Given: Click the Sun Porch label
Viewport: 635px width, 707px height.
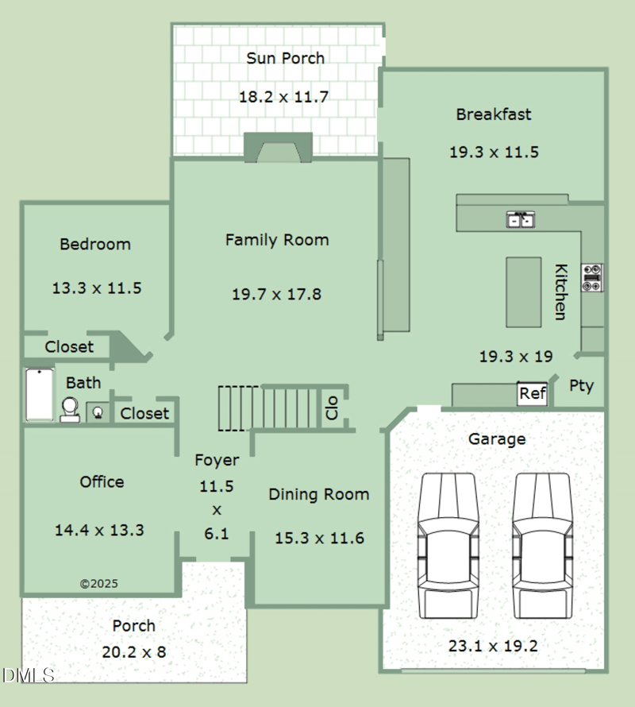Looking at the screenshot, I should tap(285, 58).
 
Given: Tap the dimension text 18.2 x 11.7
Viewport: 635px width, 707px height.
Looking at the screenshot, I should tap(283, 97).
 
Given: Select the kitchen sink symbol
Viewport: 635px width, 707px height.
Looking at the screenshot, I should tap(520, 219).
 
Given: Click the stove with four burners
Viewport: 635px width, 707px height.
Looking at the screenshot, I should tap(592, 277).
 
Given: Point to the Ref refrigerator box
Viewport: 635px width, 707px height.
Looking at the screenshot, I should tap(532, 393).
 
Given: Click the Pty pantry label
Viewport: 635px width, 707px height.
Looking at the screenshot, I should tap(581, 386).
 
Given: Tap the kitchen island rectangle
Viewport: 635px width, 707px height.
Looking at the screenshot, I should tap(523, 292).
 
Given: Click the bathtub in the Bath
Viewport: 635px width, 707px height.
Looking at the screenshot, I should tap(39, 395).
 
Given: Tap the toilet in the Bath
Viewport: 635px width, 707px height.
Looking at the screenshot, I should tap(70, 409).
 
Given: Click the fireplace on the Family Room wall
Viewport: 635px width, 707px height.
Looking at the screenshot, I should tap(278, 149).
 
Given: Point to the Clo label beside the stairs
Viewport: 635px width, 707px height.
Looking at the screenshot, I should tap(332, 408).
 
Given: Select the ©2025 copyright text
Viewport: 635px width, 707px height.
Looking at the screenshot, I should tap(99, 583).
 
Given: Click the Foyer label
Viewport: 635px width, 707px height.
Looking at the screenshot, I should tap(217, 460).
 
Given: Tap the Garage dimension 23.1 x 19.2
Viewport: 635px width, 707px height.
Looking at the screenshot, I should tap(493, 646).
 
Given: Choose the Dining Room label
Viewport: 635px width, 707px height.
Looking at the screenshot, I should tap(318, 494).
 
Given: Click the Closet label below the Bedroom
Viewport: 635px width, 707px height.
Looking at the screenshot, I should tap(69, 347).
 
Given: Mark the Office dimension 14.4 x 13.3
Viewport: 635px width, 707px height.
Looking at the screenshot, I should tap(99, 530).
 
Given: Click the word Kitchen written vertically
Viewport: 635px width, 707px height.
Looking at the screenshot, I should tap(560, 292).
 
